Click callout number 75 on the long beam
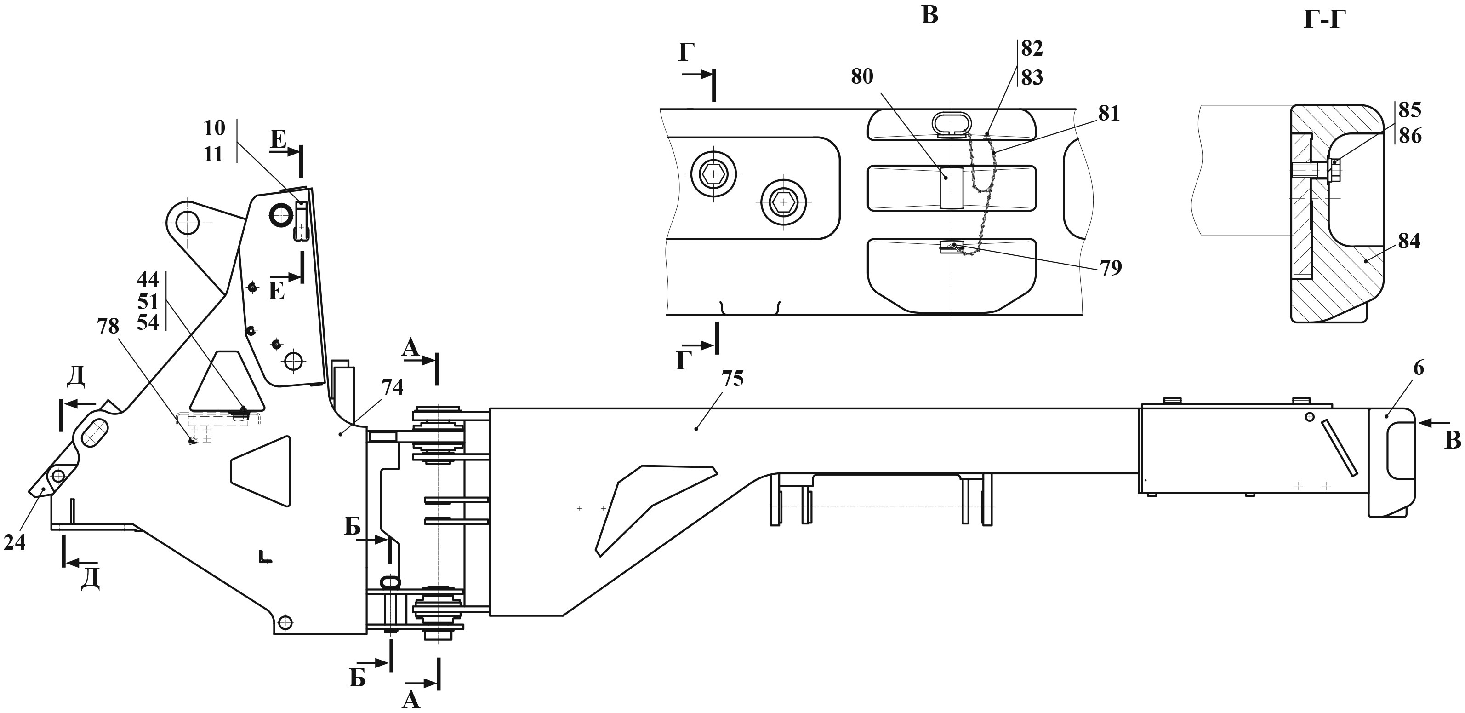[x=733, y=379]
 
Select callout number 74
[x=393, y=387]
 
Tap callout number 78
[x=108, y=326]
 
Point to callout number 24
[x=15, y=543]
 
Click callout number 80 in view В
[x=862, y=76]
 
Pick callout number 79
[x=1111, y=267]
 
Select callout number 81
[x=1109, y=114]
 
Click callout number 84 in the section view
[x=1409, y=241]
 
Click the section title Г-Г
[x=1325, y=21]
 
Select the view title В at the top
[x=929, y=15]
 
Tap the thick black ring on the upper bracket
[x=281, y=216]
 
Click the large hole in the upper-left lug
[x=187, y=223]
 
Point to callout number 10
[x=214, y=128]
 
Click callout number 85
[x=1410, y=109]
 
